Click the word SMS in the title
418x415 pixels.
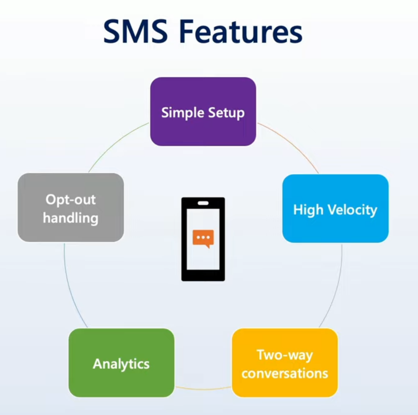point(135,31)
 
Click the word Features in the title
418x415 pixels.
point(241,31)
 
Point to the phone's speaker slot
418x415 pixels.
point(203,203)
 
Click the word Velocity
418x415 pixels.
point(352,210)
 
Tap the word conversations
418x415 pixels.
point(285,373)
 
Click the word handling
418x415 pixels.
point(70,218)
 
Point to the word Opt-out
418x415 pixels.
point(70,200)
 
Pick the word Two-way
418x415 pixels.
point(285,355)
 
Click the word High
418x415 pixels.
point(308,210)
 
